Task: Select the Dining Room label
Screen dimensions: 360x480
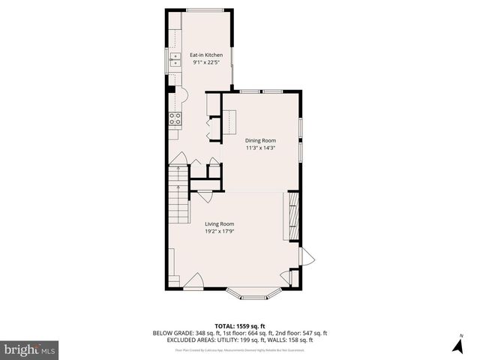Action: [x=261, y=140]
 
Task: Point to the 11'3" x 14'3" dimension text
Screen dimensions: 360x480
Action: [x=261, y=148]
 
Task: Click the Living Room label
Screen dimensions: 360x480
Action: [x=220, y=223]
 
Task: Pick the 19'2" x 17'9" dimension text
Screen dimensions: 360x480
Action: [x=220, y=231]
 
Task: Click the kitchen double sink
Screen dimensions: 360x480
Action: [x=175, y=59]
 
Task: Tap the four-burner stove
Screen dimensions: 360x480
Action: [x=175, y=117]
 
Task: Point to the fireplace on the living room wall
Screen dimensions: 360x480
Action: [x=292, y=216]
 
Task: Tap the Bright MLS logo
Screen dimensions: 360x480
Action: [x=30, y=349]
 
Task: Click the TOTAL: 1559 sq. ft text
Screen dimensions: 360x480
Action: [x=239, y=325]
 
